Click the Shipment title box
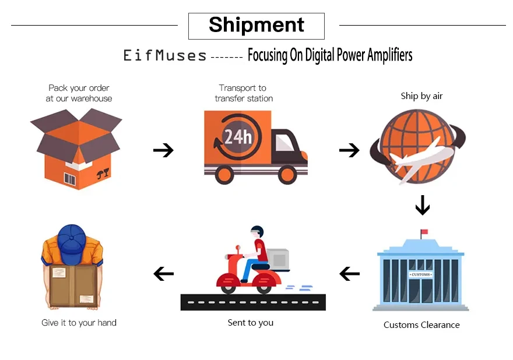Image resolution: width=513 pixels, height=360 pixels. pyautogui.click(x=256, y=26)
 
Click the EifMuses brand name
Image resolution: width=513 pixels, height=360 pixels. pyautogui.click(x=165, y=56)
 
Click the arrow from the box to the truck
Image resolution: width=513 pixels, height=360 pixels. pyautogui.click(x=163, y=151)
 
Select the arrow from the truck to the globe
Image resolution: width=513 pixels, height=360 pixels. pyautogui.click(x=349, y=151)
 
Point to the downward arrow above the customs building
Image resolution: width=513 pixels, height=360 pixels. pyautogui.click(x=422, y=205)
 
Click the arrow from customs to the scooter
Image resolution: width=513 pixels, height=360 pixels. pyautogui.click(x=349, y=273)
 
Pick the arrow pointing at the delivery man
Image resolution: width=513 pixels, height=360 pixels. pyautogui.click(x=163, y=273)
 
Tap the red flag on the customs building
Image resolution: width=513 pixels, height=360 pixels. pyautogui.click(x=424, y=232)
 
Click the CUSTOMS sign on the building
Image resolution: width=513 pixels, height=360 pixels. pyautogui.click(x=421, y=274)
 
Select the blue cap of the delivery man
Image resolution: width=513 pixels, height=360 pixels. pyautogui.click(x=72, y=239)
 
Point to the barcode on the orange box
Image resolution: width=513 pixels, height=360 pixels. pyautogui.click(x=70, y=179)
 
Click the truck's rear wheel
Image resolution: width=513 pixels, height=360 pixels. pyautogui.click(x=225, y=174)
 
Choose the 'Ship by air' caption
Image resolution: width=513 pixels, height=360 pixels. pyautogui.click(x=421, y=96)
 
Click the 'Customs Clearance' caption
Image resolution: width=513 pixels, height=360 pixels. pyautogui.click(x=421, y=325)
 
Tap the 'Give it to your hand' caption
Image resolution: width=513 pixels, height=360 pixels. pyautogui.click(x=79, y=323)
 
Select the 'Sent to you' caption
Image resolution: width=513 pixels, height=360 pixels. pyautogui.click(x=251, y=323)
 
